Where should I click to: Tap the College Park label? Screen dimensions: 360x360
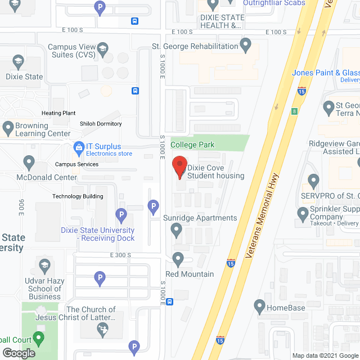192,145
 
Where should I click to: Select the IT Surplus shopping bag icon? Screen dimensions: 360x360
79,148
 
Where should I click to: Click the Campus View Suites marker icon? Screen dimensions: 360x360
102,51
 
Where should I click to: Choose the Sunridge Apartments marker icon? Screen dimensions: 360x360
177,229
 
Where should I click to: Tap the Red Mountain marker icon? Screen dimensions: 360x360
178,259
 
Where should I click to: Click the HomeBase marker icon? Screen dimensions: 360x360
259,307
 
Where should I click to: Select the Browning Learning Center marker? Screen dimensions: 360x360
7,127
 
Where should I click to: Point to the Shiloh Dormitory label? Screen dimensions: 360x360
101,124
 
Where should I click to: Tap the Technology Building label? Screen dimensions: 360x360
78,196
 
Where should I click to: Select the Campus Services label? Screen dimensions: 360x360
76,164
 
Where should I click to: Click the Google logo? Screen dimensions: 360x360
19,353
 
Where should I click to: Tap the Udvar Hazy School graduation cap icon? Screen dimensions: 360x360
44,265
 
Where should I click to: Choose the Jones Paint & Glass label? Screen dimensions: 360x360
326,73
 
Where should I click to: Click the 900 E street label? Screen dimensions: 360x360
21,208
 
